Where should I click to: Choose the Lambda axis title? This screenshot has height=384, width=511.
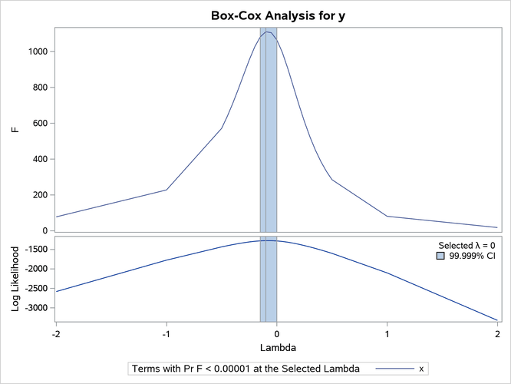276,347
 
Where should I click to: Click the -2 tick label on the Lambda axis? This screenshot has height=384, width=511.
55,334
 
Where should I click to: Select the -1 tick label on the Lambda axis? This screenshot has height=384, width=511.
166,334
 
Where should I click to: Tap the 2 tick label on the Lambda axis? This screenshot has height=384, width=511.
498,334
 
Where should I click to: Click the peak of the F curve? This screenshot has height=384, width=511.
267,31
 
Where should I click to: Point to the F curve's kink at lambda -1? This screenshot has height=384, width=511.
166,190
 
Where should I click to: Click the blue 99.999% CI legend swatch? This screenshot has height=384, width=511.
440,257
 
